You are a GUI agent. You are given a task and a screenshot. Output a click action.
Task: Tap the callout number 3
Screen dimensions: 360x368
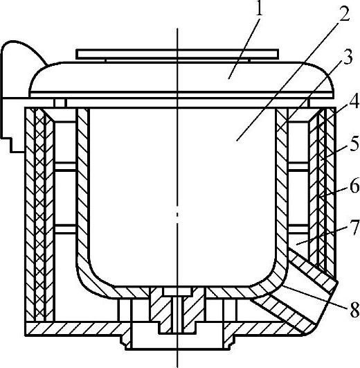[x=348, y=58]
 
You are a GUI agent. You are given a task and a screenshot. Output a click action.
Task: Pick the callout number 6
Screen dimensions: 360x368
[x=354, y=185]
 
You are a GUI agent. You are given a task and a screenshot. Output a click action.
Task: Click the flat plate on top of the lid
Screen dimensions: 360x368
[x=177, y=54]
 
